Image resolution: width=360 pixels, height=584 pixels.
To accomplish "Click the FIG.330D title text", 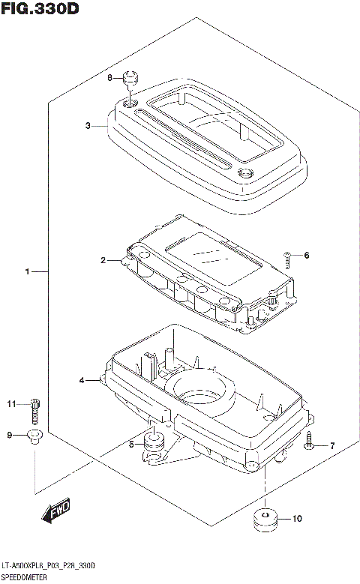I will [40, 10].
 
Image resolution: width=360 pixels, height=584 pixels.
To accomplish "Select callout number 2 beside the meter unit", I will [103, 261].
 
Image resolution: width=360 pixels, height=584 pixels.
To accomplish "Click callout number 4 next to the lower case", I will [82, 381].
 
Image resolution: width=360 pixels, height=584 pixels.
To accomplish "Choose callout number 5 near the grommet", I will [131, 445].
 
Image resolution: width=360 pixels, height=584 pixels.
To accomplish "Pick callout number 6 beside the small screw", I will [306, 256].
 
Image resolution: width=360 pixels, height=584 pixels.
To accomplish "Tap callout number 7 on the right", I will [332, 446].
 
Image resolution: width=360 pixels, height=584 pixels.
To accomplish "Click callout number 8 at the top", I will [109, 78].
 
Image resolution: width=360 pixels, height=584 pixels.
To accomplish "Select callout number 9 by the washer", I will [10, 435].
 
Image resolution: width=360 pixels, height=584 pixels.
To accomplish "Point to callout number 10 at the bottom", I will [297, 518].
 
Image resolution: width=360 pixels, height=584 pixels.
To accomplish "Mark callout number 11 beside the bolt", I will [11, 405].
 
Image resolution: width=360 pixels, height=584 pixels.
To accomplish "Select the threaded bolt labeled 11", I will [34, 409].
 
